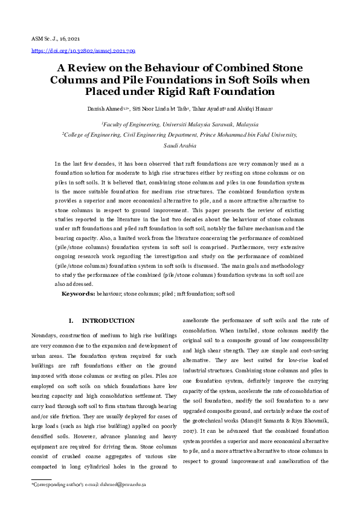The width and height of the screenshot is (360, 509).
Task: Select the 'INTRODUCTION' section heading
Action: (x=108, y=320)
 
